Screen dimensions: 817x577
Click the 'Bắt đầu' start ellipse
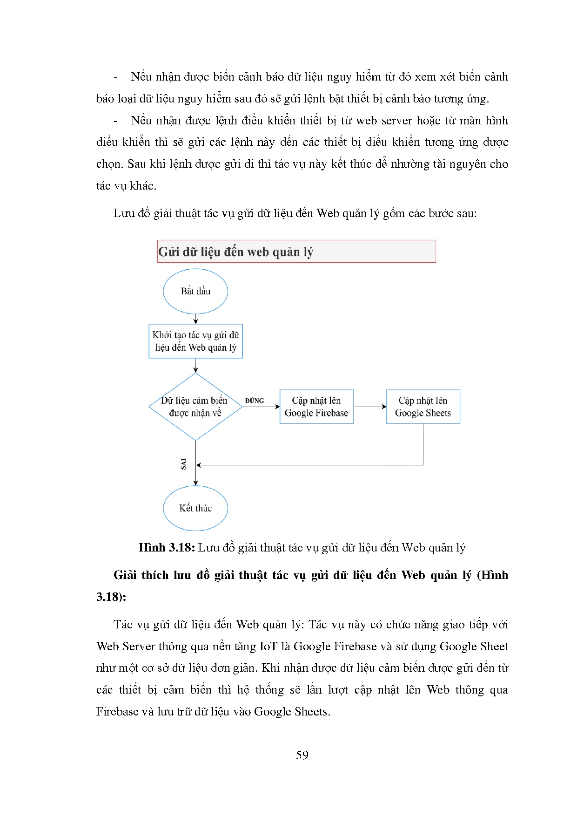(195, 291)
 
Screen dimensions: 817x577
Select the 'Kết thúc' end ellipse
(195, 508)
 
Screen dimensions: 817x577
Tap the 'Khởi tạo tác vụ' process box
(195, 341)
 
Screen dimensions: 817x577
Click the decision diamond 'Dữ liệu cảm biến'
(195, 407)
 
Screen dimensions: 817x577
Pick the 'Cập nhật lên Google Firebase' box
(316, 407)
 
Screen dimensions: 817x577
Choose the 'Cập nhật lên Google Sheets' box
(423, 407)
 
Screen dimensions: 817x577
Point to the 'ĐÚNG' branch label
(255, 401)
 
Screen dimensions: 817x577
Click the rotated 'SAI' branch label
(183, 463)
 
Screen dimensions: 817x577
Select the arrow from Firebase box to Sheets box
(370, 407)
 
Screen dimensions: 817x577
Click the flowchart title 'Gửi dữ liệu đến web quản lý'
(236, 252)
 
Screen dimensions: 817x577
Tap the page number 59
(302, 755)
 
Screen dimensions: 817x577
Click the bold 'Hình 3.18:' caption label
(167, 547)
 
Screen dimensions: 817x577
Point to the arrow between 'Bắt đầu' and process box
(196, 319)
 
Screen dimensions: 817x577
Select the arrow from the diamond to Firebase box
(261, 407)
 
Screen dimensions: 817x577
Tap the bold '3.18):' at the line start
(111, 597)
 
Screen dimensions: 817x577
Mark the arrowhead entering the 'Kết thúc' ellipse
(196, 483)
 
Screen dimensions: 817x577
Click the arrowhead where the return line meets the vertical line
(199, 465)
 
